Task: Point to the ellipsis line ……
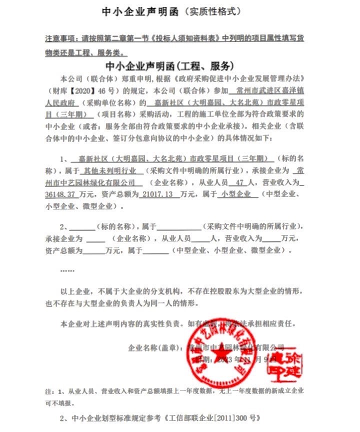[x=66, y=270]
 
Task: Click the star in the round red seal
[x=219, y=355]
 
